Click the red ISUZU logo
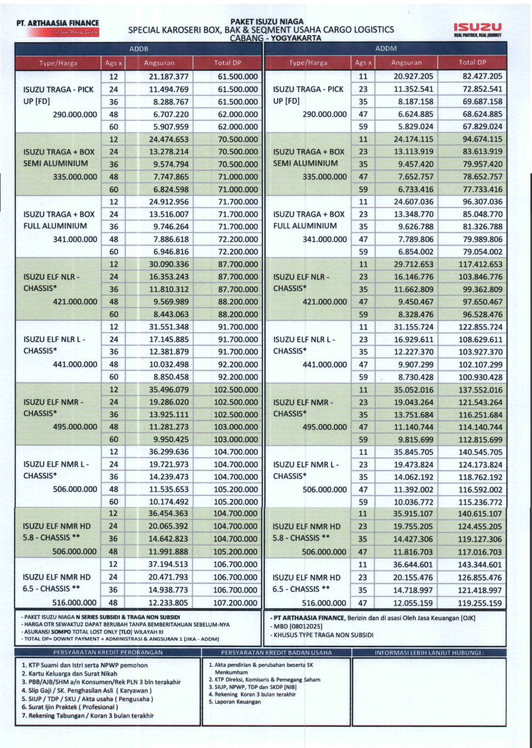[x=477, y=27]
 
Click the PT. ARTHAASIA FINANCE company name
[x=58, y=23]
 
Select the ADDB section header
[x=139, y=49]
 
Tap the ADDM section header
[x=386, y=49]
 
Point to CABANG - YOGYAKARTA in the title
[x=275, y=38]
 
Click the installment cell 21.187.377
[x=169, y=77]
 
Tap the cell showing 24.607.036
[x=414, y=202]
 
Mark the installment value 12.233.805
[x=169, y=603]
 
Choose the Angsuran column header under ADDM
[x=406, y=63]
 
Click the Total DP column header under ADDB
[x=227, y=63]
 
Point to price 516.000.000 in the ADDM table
[x=324, y=603]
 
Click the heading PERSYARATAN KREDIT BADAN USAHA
[x=277, y=652]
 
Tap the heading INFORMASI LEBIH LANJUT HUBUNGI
[x=429, y=652]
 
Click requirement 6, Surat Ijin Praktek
[x=70, y=707]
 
